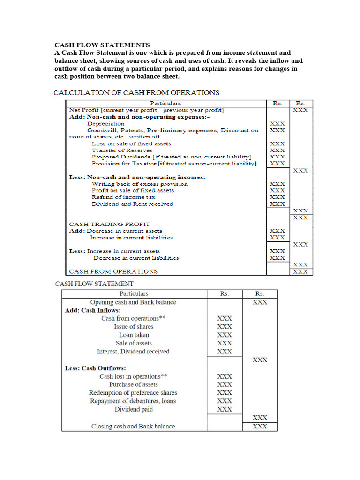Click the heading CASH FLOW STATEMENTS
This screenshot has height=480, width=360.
point(102,45)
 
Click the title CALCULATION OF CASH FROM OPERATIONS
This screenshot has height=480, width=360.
point(137,93)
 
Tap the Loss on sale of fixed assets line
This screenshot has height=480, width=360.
point(131,143)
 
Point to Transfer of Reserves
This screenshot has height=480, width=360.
point(122,150)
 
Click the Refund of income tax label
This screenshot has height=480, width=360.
point(123,197)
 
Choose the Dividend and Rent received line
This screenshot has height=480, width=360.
point(132,204)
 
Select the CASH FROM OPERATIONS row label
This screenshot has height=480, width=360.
point(113,271)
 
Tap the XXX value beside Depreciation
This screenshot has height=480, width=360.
point(277,123)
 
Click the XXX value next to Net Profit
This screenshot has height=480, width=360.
point(300,110)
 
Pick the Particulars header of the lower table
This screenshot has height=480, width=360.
point(134,293)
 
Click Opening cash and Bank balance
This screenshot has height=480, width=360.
point(133,302)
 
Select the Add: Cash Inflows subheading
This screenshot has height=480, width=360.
point(92,310)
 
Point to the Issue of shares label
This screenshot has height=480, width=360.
point(134,327)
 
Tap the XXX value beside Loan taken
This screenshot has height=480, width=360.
point(225,335)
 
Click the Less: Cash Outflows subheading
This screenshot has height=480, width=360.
point(95,368)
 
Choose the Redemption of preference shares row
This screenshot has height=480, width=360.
point(133,393)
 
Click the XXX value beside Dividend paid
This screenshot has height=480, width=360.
point(225,409)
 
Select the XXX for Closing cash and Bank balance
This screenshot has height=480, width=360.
point(260,426)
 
